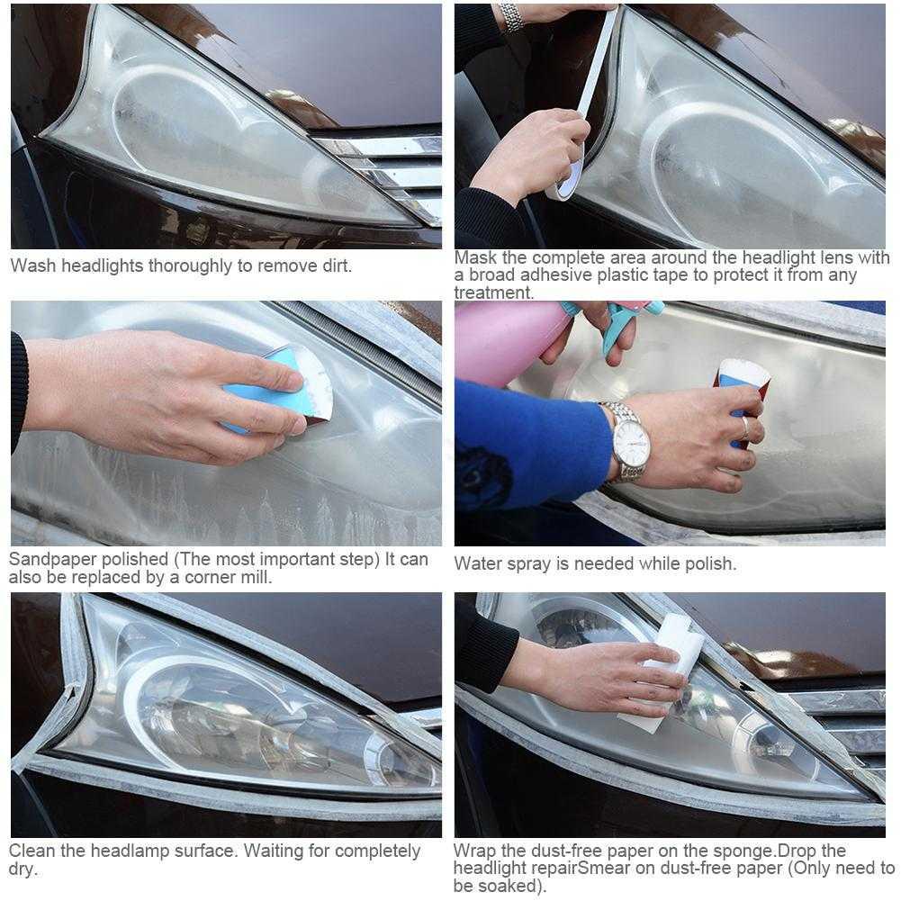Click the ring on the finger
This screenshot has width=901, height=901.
(x=744, y=428)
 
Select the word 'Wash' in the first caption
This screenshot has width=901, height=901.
(x=33, y=266)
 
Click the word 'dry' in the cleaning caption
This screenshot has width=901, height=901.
(x=22, y=869)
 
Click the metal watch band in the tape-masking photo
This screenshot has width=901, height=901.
(x=511, y=17)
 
